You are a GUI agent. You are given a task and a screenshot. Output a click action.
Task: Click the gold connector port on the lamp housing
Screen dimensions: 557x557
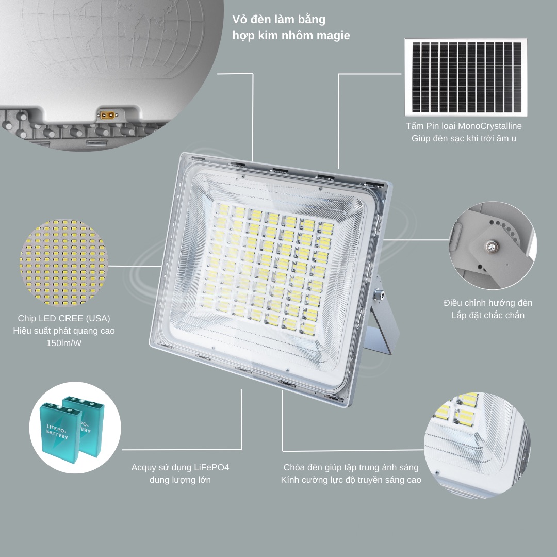tap(108, 115)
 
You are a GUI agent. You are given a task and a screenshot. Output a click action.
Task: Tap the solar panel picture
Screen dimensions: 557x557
tap(466, 77)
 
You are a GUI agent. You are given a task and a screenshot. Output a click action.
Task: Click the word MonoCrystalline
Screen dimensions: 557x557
tap(490, 126)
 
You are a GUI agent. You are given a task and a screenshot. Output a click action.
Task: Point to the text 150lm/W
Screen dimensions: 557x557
tap(64, 343)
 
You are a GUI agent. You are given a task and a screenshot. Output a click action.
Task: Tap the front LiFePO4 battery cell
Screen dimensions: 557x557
tap(60, 432)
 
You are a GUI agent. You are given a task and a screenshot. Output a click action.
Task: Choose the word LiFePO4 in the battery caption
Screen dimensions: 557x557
tap(211, 467)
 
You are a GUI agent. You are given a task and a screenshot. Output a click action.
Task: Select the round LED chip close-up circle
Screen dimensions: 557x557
tap(64, 263)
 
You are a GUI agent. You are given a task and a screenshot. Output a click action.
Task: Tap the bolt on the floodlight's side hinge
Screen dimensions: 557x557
tap(380, 294)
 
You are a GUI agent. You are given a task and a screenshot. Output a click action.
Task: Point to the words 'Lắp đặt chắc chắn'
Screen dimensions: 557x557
tap(488, 315)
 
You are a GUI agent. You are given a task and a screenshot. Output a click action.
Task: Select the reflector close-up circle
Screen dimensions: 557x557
tap(477, 445)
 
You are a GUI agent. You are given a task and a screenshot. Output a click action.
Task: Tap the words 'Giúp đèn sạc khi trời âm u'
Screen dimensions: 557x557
tap(464, 139)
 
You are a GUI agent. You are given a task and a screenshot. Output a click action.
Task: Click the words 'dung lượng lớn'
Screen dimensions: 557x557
tap(180, 480)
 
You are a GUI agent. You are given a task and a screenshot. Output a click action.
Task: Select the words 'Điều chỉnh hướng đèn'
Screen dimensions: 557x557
tap(488, 303)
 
